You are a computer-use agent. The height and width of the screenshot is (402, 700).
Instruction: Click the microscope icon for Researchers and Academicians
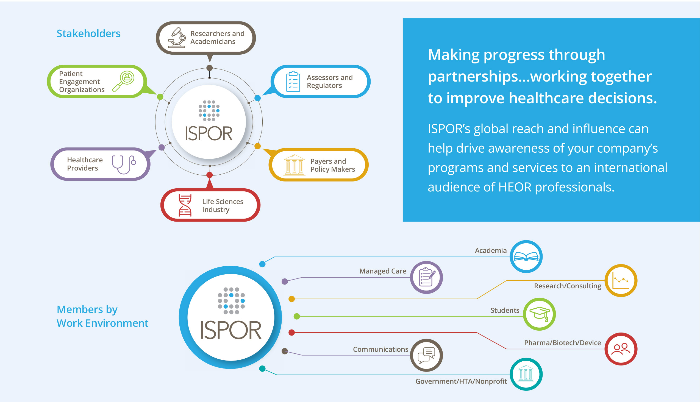coord(177,38)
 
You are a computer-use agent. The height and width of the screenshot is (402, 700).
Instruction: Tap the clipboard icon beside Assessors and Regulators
coord(293,82)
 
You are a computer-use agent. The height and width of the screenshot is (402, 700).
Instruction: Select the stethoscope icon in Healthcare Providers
coord(123,164)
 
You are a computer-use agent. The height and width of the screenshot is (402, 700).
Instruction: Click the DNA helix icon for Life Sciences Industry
coord(185,205)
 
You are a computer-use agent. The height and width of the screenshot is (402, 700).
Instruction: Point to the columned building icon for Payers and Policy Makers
coord(294,165)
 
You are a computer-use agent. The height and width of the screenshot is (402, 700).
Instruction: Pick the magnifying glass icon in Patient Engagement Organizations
coord(124,81)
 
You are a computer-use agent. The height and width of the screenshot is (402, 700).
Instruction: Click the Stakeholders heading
coord(88,33)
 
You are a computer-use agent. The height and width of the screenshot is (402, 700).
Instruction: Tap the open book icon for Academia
coord(526,257)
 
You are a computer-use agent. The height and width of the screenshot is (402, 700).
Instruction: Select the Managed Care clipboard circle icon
coord(426,277)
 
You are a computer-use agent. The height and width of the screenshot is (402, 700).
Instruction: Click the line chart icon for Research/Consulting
coord(621,281)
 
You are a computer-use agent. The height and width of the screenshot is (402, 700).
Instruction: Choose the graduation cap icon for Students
coord(539,314)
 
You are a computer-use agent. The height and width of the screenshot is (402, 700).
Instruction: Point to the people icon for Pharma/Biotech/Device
coord(621,349)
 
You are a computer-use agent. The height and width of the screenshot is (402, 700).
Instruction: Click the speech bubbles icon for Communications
coord(426,355)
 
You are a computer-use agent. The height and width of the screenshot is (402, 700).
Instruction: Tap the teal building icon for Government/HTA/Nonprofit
coord(526,374)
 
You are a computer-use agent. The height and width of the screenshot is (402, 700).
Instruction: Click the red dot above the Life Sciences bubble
coord(209,175)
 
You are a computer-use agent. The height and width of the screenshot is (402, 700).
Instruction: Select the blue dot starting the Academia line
coord(262,264)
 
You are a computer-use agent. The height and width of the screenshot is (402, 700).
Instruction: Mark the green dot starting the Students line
coord(297,316)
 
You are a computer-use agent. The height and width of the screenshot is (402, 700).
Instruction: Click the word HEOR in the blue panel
coord(515,187)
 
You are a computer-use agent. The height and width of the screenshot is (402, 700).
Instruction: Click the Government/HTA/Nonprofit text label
coord(461,381)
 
